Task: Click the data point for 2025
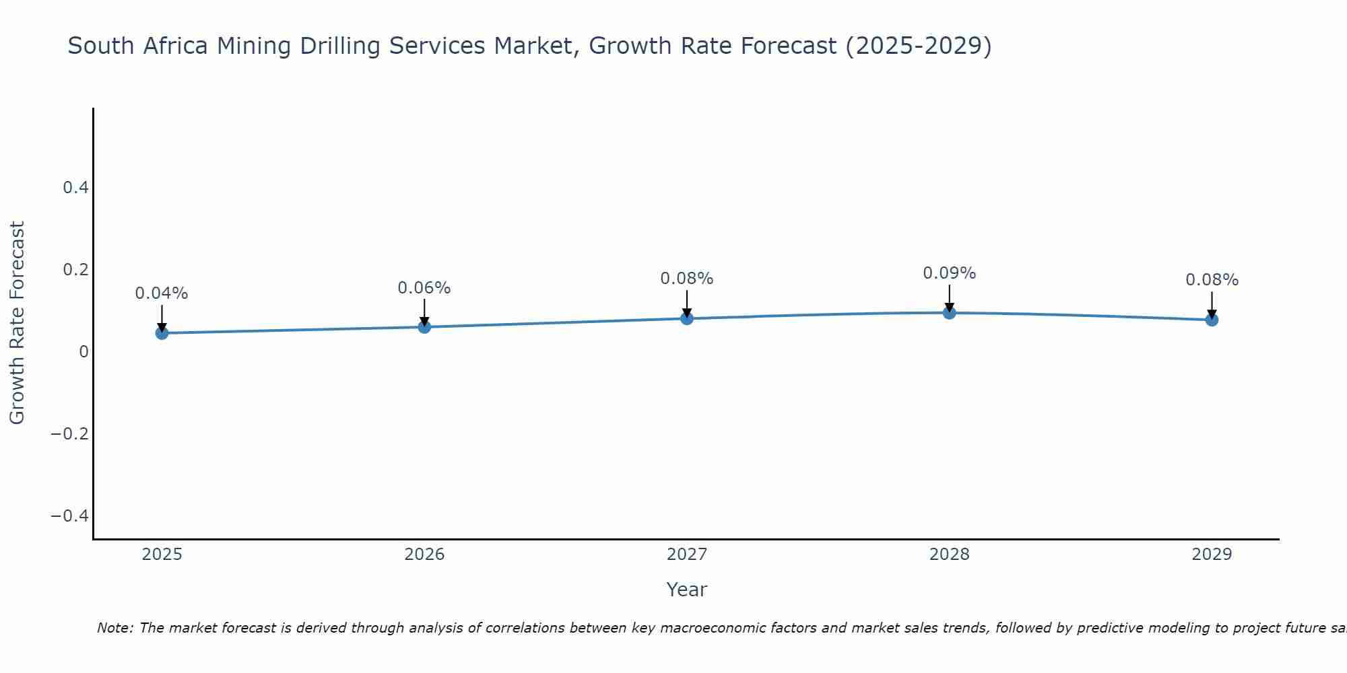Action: (162, 332)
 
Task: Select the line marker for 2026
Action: (424, 326)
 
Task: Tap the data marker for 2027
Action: (687, 318)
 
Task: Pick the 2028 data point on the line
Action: (950, 312)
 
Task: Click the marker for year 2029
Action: (1212, 319)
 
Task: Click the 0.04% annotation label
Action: (162, 294)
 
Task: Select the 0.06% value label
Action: (424, 288)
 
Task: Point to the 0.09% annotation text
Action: (950, 273)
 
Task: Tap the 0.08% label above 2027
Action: (687, 279)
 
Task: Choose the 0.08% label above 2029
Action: (1212, 280)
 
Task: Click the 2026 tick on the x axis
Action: (424, 555)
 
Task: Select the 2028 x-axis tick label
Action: (950, 555)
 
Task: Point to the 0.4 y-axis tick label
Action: (76, 188)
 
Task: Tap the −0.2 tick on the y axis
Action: (70, 433)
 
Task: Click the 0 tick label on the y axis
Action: (84, 351)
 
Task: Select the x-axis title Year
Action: (687, 590)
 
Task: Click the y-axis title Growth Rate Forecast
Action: (18, 323)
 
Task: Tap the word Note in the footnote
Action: (115, 628)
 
